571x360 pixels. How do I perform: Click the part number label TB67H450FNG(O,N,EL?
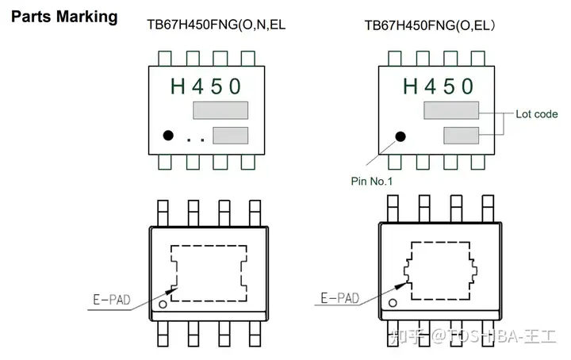(x=217, y=25)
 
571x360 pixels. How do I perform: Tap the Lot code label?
(x=537, y=113)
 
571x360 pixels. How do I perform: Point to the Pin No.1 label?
(x=372, y=181)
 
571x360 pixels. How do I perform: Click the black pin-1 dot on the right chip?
(x=400, y=136)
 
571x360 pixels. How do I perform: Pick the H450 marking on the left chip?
(x=205, y=85)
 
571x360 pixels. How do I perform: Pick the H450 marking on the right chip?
(x=438, y=85)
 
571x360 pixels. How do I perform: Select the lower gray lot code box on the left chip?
(x=230, y=136)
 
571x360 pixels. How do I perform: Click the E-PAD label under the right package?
(x=339, y=298)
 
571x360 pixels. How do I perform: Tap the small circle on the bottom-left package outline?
(x=163, y=303)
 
